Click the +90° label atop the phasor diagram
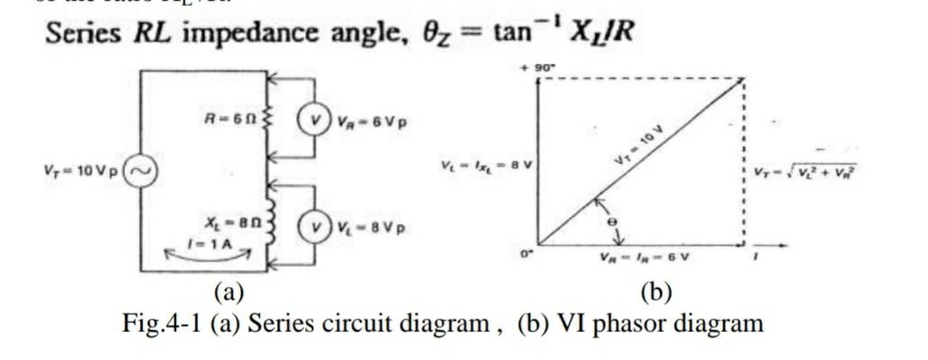pyautogui.click(x=538, y=67)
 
